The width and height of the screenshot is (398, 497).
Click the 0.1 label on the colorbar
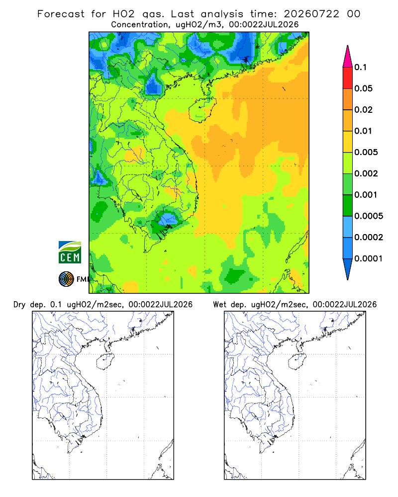tap(360, 67)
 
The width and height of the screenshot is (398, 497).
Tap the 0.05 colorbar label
tap(363, 88)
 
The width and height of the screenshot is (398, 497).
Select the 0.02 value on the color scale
tap(363, 110)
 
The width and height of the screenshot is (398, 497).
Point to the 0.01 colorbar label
tap(363, 131)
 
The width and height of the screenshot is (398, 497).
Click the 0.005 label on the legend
tap(366, 152)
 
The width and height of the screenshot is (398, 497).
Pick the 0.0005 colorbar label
tap(369, 216)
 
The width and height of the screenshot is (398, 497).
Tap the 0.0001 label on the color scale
tap(369, 258)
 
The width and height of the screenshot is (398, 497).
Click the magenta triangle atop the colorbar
tap(348, 58)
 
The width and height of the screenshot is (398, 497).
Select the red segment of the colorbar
tap(348, 78)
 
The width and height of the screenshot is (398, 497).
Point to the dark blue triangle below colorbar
tap(348, 268)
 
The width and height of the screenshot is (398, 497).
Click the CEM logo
tap(70, 252)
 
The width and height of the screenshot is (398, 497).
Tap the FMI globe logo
tap(66, 279)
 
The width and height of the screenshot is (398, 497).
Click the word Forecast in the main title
tap(61, 14)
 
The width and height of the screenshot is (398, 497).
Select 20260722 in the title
tap(311, 14)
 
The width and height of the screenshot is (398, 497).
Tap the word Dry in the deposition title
tap(19, 305)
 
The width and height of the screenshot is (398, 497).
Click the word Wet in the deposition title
tap(219, 305)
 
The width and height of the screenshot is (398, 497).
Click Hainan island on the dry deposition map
tap(105, 361)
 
